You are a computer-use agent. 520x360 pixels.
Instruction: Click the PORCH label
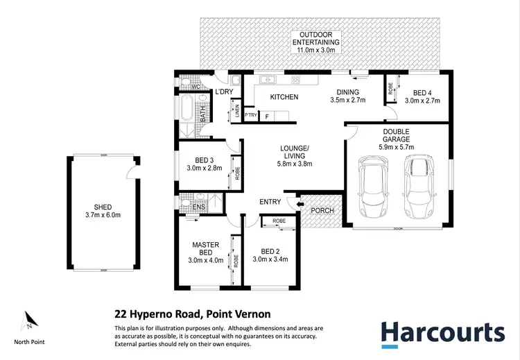coord(322,210)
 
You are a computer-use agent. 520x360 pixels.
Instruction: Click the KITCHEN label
coord(284,97)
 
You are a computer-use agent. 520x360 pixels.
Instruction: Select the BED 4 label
coord(422,92)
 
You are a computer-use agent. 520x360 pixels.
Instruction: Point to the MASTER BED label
coord(205,248)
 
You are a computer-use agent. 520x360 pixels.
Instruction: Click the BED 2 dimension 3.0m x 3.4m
coord(270,259)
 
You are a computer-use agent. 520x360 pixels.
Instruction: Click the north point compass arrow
coord(29,320)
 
